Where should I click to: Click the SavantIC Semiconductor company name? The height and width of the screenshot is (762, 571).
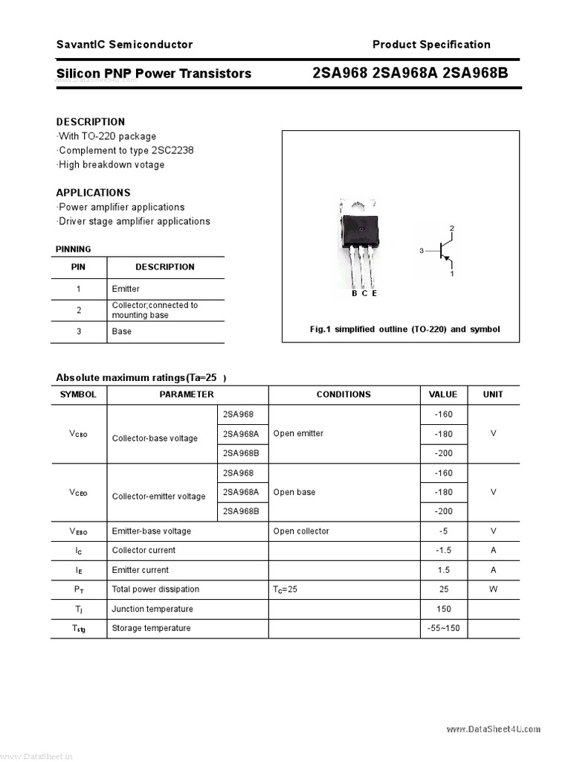click(124, 45)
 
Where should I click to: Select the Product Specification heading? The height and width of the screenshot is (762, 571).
click(431, 45)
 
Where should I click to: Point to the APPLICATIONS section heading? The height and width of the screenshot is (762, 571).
click(93, 192)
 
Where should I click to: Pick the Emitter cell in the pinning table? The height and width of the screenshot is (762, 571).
click(126, 289)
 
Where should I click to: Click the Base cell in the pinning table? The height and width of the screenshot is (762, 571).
click(121, 331)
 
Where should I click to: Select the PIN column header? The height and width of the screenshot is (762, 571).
click(78, 266)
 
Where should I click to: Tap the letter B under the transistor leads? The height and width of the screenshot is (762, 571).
click(355, 293)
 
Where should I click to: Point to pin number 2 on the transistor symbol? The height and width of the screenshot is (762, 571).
click(451, 227)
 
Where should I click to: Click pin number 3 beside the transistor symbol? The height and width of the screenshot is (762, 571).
click(421, 252)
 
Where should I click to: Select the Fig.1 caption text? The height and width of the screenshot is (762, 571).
click(404, 329)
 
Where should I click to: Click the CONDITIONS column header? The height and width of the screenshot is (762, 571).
click(343, 394)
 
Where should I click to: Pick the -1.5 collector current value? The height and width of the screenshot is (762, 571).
click(443, 550)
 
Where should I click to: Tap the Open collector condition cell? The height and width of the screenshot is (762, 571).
click(301, 531)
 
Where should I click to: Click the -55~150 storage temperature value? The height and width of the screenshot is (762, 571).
click(443, 628)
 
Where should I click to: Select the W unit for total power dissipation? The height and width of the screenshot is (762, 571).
click(493, 589)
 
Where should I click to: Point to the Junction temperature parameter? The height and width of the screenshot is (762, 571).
click(152, 609)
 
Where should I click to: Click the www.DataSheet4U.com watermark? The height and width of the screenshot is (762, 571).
click(494, 729)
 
